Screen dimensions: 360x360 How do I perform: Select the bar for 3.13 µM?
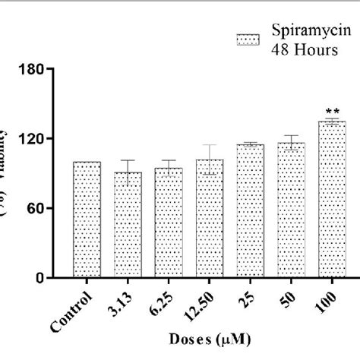click(x=128, y=225)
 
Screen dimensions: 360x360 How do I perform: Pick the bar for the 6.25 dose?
click(x=169, y=223)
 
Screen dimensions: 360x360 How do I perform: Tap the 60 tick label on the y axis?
click(x=56, y=208)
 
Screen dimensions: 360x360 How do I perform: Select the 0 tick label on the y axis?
click(x=60, y=278)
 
